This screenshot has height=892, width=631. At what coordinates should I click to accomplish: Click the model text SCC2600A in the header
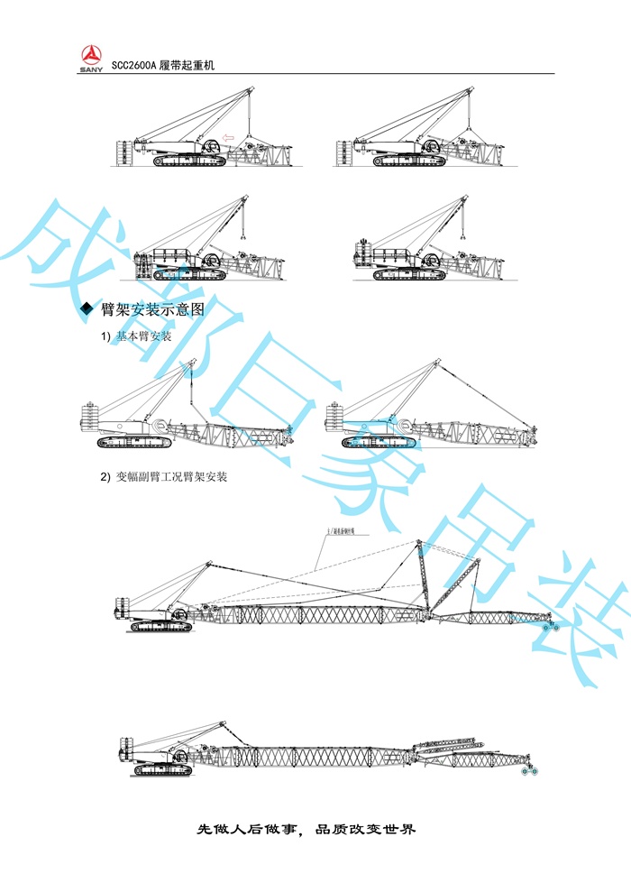pos(133,66)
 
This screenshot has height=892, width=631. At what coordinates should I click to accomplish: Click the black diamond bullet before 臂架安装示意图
pos(87,309)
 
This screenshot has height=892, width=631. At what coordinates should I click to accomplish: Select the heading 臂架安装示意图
pos(152,309)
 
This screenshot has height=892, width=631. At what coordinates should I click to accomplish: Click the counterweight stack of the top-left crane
pos(121,153)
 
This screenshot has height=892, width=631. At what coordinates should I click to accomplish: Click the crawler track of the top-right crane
pos(410,161)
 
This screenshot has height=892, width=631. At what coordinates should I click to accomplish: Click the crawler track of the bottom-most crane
pos(162,771)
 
